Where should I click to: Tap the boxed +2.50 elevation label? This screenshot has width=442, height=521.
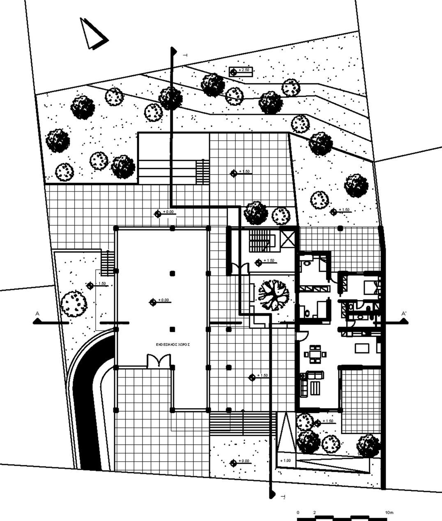pyautogui.click(x=241, y=71)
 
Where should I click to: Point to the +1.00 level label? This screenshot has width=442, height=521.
pyautogui.click(x=285, y=461)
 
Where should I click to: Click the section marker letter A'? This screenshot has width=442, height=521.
pyautogui.click(x=404, y=314)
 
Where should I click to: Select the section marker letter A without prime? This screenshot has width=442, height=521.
pyautogui.click(x=37, y=314)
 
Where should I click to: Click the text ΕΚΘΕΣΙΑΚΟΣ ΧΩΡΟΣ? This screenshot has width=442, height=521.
pyautogui.click(x=173, y=345)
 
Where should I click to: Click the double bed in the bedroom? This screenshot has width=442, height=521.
pyautogui.click(x=371, y=286)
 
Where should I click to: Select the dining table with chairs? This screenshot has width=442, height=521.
pyautogui.click(x=315, y=354)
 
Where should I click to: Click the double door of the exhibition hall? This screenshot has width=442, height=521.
pyautogui.click(x=158, y=361)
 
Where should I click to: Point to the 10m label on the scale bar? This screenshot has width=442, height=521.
pyautogui.click(x=389, y=513)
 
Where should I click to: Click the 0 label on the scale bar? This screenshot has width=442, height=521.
pyautogui.click(x=298, y=513)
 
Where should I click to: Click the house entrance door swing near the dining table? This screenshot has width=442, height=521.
pyautogui.click(x=301, y=335)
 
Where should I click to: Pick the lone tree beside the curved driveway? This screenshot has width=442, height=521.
pyautogui.click(x=74, y=304)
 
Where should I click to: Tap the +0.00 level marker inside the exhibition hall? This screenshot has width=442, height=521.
pyautogui.click(x=153, y=302)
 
